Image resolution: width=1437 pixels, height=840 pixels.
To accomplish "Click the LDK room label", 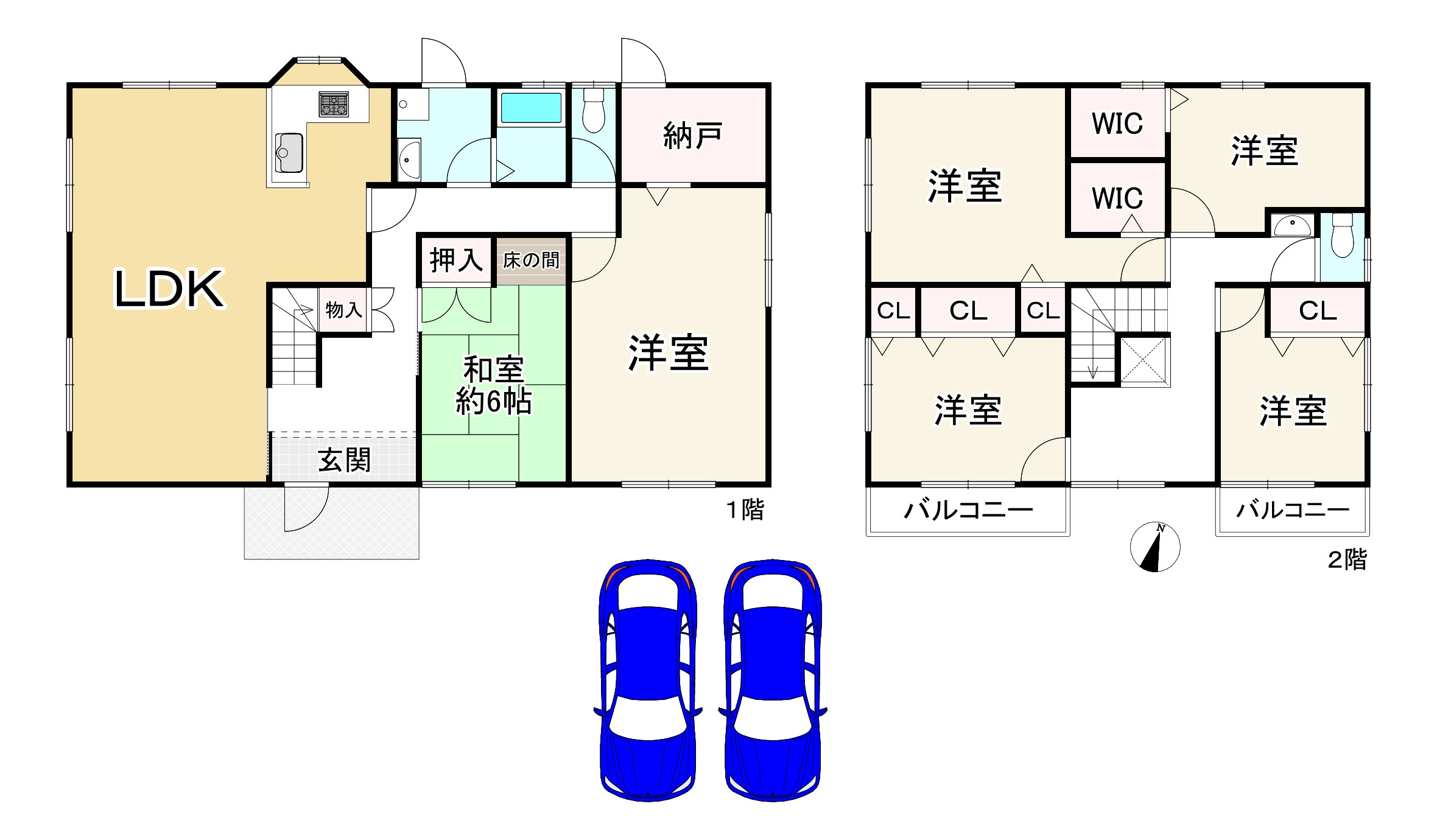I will point(169,289).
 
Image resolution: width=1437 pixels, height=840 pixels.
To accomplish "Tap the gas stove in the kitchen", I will point(333,104).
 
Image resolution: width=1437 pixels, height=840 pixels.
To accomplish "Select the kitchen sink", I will point(289,152).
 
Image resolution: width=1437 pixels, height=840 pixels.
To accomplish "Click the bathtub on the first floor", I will point(530,108).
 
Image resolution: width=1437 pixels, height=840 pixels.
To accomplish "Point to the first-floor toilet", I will point(593,111).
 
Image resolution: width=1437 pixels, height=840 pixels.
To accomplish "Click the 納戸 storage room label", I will point(692,135).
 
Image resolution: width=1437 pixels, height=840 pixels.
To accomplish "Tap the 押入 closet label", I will point(455,261).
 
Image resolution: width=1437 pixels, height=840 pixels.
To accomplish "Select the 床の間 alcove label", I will point(531,261).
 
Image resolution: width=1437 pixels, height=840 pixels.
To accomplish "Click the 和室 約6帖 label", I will point(493,385).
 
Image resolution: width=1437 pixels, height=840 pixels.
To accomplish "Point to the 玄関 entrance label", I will point(344,460).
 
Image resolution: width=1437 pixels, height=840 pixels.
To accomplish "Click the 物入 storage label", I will point(343,310).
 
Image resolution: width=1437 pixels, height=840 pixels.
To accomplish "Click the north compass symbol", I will point(1154,547).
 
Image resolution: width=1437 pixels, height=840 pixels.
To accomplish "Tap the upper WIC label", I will point(1117,124).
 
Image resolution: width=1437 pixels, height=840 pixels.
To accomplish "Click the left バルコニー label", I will point(968,510).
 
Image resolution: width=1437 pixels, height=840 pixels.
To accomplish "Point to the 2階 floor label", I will point(1346,559).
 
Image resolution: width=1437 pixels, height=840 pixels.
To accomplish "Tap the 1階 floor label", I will point(745,509).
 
